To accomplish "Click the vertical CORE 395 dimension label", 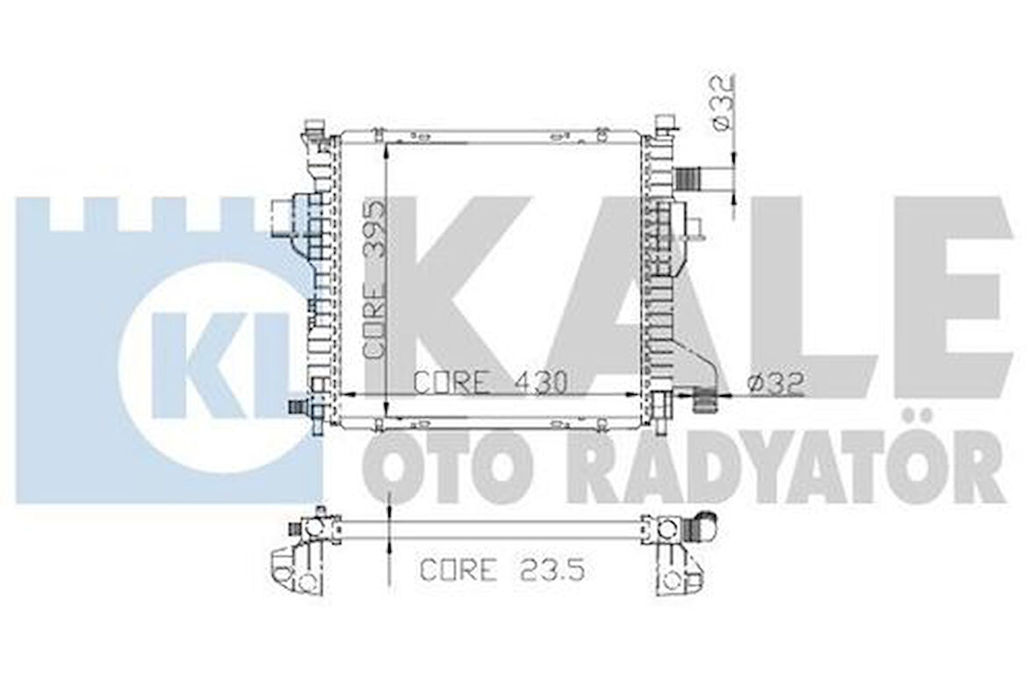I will tap(375, 279).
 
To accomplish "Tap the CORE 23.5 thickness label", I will tap(501, 570).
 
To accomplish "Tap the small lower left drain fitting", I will tap(301, 406).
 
